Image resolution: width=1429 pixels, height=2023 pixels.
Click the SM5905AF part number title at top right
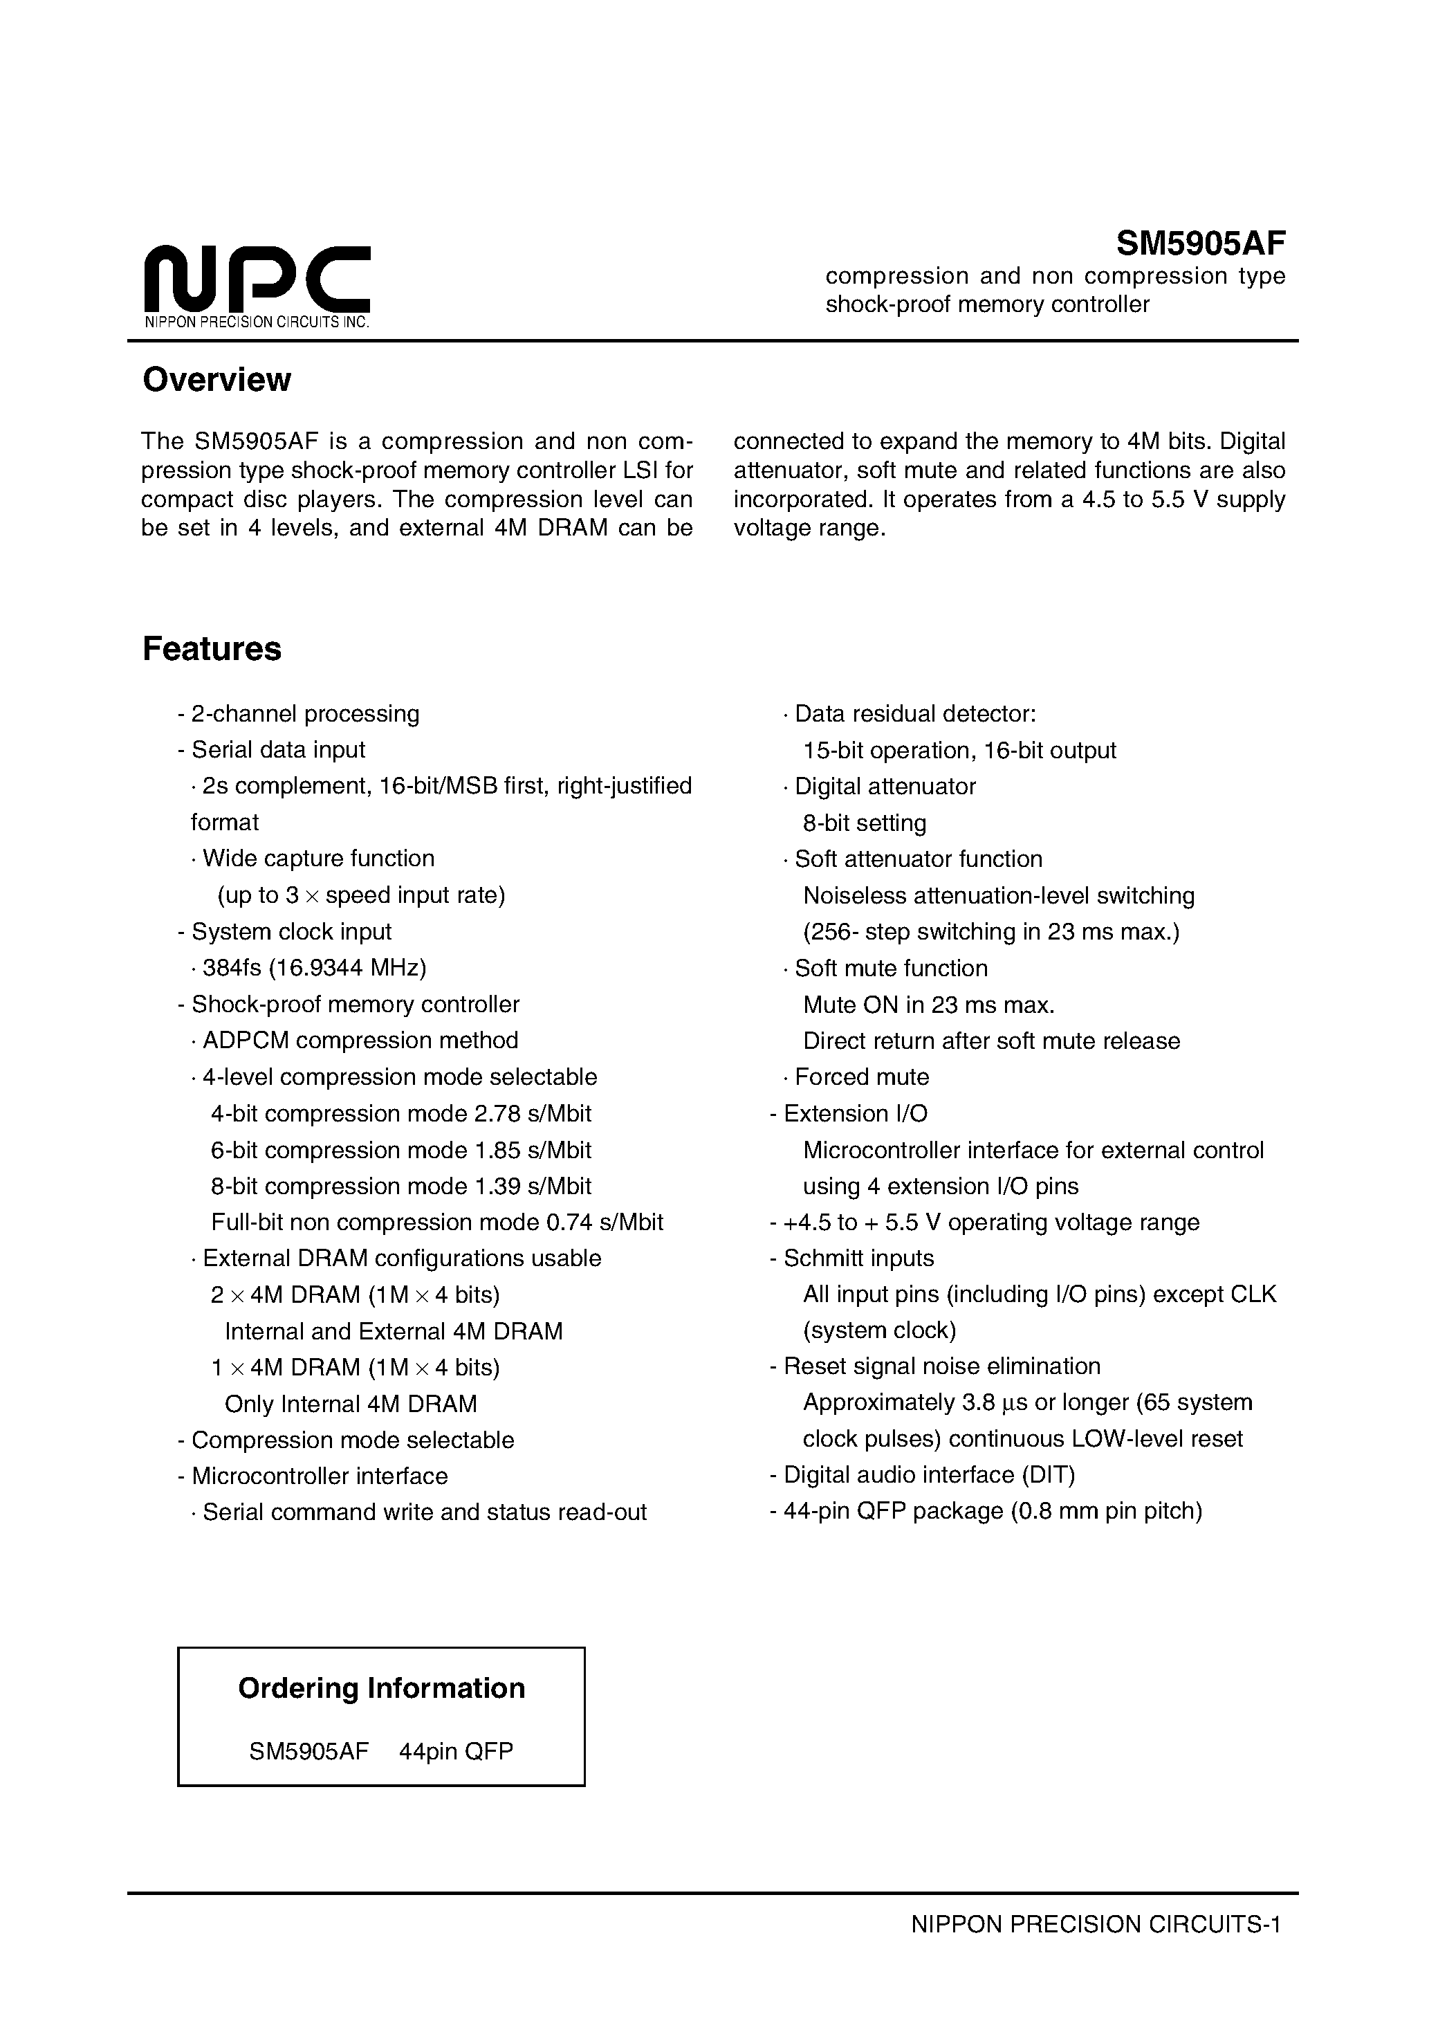coord(1201,242)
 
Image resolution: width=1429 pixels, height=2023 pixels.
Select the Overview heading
coord(216,380)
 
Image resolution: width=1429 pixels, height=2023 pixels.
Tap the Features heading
coord(212,650)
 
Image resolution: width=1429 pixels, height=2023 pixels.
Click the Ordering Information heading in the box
coord(382,1689)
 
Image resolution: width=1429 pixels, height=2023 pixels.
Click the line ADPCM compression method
coord(360,1041)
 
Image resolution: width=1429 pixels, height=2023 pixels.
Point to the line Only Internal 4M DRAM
coord(351,1404)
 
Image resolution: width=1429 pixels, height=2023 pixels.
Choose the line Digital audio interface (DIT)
coord(929,1476)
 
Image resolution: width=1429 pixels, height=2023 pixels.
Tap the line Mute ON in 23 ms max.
coord(929,1005)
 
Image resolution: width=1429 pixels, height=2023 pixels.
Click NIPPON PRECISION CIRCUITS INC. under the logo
coord(257,322)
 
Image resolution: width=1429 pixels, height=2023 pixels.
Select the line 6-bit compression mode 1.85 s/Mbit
coord(401,1151)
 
